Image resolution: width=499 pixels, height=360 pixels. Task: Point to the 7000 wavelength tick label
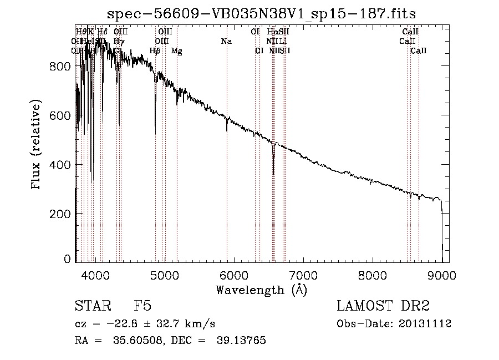click(303, 275)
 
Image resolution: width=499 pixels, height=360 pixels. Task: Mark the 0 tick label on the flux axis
click(67, 258)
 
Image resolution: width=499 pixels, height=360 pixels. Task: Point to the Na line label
click(226, 41)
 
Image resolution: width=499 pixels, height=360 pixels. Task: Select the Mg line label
click(176, 51)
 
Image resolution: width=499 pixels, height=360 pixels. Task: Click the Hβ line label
click(155, 51)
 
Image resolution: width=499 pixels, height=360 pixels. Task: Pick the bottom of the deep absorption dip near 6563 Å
click(273, 174)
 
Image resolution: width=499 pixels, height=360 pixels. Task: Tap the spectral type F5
click(142, 307)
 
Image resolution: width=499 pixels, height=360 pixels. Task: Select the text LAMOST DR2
click(383, 307)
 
